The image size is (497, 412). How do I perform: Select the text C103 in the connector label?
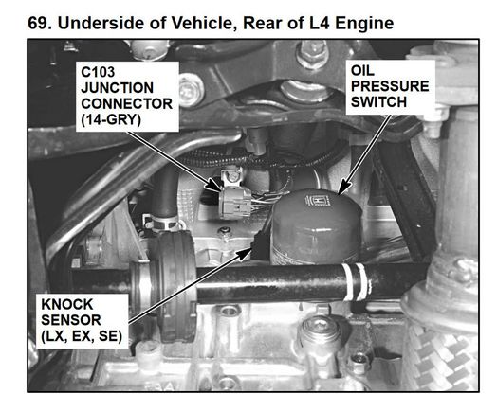98,72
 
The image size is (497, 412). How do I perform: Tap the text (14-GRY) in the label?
111,120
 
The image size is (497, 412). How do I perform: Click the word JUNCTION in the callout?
117,88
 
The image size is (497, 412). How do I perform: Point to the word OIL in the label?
362,70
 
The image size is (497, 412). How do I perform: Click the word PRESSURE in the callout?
390,86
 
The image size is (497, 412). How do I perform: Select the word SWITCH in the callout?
378,102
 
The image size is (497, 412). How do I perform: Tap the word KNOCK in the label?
67,304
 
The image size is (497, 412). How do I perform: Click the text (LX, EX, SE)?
82,336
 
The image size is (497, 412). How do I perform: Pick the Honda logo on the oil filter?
318,201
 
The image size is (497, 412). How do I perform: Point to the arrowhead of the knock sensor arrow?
247,253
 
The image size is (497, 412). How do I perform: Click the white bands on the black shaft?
356,282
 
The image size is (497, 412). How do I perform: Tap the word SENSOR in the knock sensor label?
71,320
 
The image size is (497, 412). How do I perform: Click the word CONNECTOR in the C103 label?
127,104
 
